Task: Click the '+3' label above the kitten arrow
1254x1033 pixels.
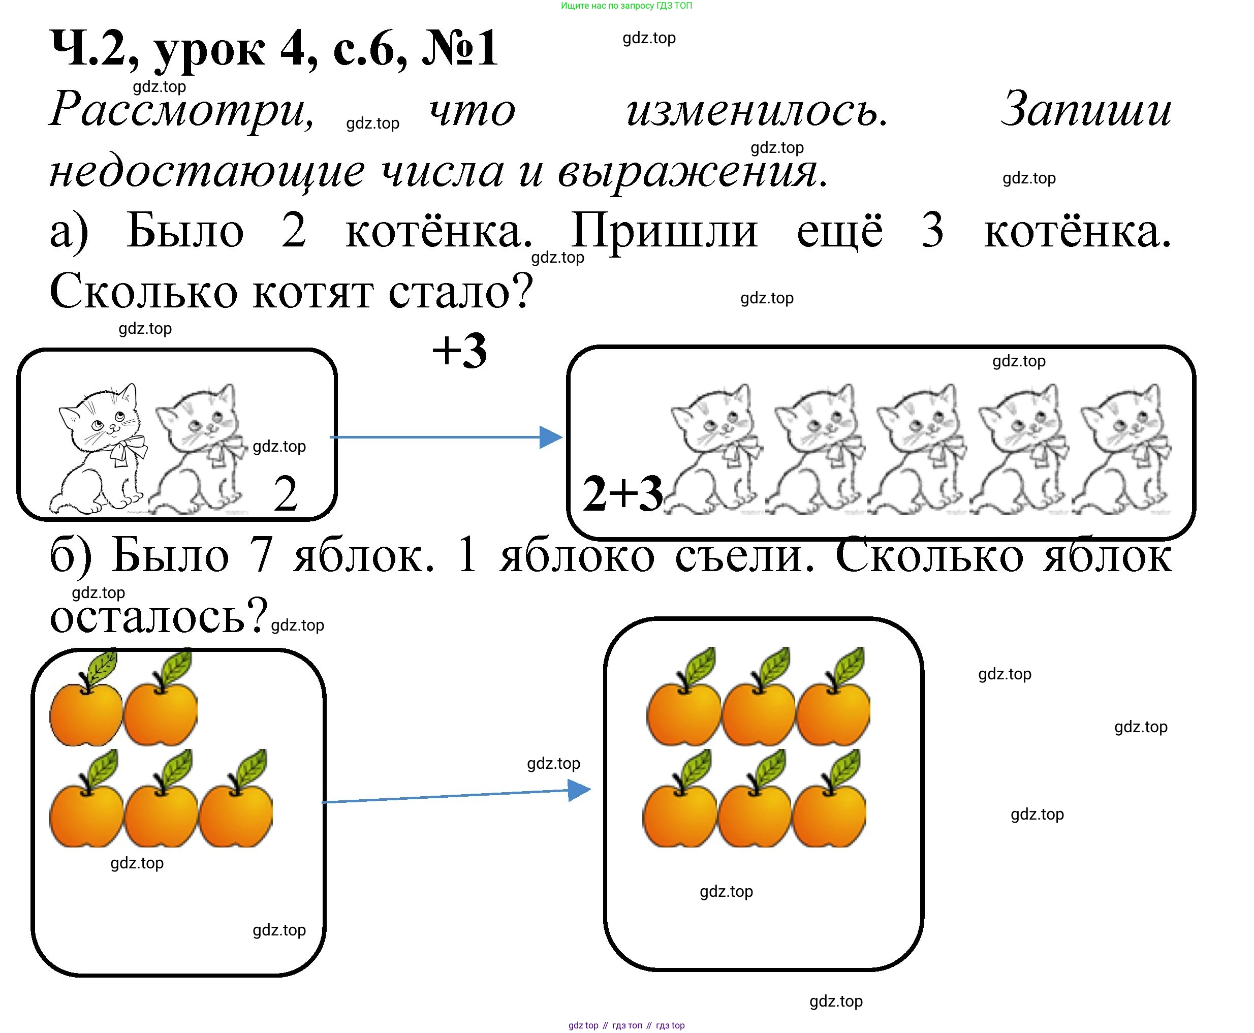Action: click(459, 351)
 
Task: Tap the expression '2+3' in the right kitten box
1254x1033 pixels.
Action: click(622, 494)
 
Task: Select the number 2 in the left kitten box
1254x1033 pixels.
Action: click(286, 494)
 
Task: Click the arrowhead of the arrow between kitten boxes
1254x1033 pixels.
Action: click(550, 437)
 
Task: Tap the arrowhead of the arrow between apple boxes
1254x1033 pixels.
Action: click(579, 790)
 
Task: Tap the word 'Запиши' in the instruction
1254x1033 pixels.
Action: click(1086, 110)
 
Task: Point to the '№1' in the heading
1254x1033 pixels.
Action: click(459, 49)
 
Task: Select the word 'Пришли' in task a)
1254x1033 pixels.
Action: click(664, 231)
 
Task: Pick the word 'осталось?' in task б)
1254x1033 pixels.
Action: click(158, 616)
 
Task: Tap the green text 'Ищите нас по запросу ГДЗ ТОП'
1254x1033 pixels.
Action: click(626, 6)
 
